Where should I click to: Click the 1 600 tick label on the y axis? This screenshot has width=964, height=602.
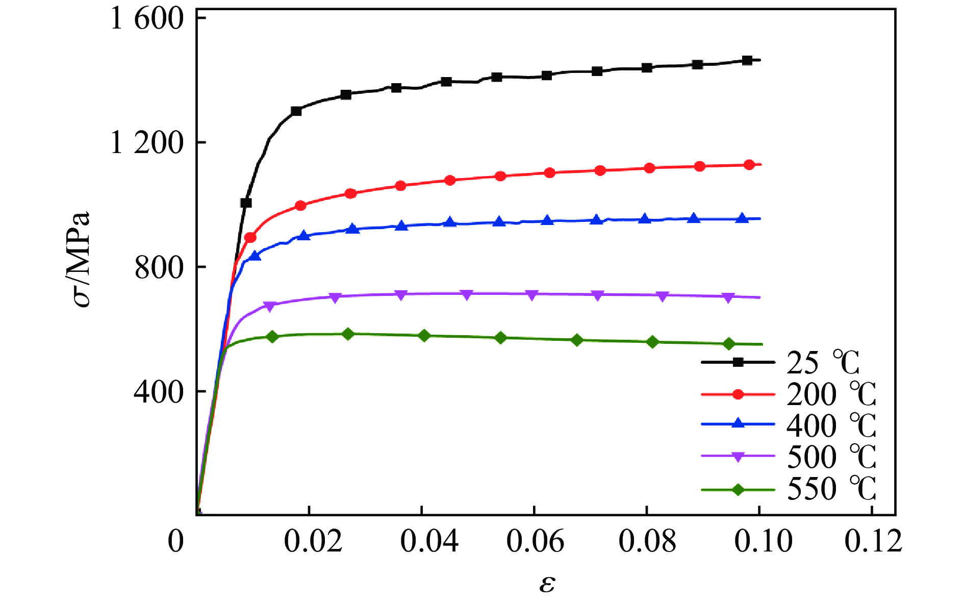[147, 19]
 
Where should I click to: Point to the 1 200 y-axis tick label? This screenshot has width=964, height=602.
[147, 143]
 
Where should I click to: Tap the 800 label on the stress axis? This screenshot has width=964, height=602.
[159, 267]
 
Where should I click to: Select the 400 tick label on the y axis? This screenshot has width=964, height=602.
[159, 392]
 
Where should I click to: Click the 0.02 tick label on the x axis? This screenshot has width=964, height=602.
[312, 541]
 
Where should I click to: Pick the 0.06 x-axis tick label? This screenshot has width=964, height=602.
[535, 541]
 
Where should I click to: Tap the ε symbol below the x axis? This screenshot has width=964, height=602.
[547, 583]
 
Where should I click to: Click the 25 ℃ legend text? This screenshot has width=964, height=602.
[823, 363]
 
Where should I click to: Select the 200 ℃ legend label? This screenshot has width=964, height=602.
[831, 394]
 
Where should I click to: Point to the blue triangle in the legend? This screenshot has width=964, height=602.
[738, 423]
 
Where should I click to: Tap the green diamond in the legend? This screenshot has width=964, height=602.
[738, 490]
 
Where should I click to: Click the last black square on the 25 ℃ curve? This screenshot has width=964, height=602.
[747, 60]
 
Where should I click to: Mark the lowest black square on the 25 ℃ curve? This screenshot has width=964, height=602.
[246, 203]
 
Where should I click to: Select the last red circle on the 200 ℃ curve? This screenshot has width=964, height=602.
[749, 165]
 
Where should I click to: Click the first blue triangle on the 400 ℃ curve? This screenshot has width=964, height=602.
[255, 256]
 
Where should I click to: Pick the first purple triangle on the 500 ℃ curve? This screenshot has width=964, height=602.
[270, 306]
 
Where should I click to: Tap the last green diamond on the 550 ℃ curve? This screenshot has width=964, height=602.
[729, 344]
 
